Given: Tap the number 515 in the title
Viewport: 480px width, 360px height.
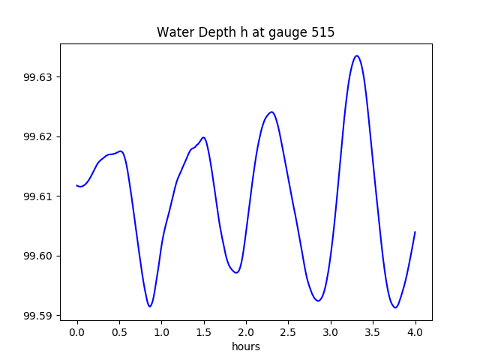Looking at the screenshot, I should [x=324, y=32].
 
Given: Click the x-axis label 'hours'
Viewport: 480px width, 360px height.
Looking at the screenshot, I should [x=246, y=346].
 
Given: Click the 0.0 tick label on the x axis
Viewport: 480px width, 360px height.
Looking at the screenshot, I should [x=77, y=332].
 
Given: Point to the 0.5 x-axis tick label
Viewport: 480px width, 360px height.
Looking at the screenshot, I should [x=119, y=332].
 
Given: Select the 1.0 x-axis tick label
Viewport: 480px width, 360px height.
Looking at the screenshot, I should [x=162, y=332].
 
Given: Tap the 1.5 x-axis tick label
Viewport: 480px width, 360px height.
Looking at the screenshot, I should [x=204, y=332].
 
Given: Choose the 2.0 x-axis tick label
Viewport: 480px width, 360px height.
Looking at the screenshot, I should [x=246, y=332].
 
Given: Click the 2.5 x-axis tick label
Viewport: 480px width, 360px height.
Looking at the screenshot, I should [x=289, y=332].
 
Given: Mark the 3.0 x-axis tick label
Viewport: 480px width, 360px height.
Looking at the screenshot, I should [x=331, y=332].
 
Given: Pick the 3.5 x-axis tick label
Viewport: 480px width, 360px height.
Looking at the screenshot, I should [x=373, y=332].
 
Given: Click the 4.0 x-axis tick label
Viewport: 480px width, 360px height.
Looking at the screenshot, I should [x=415, y=332].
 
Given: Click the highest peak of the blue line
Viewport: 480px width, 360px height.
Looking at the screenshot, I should [x=357, y=55].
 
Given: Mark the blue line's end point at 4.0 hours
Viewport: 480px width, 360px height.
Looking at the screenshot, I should [x=415, y=232].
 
